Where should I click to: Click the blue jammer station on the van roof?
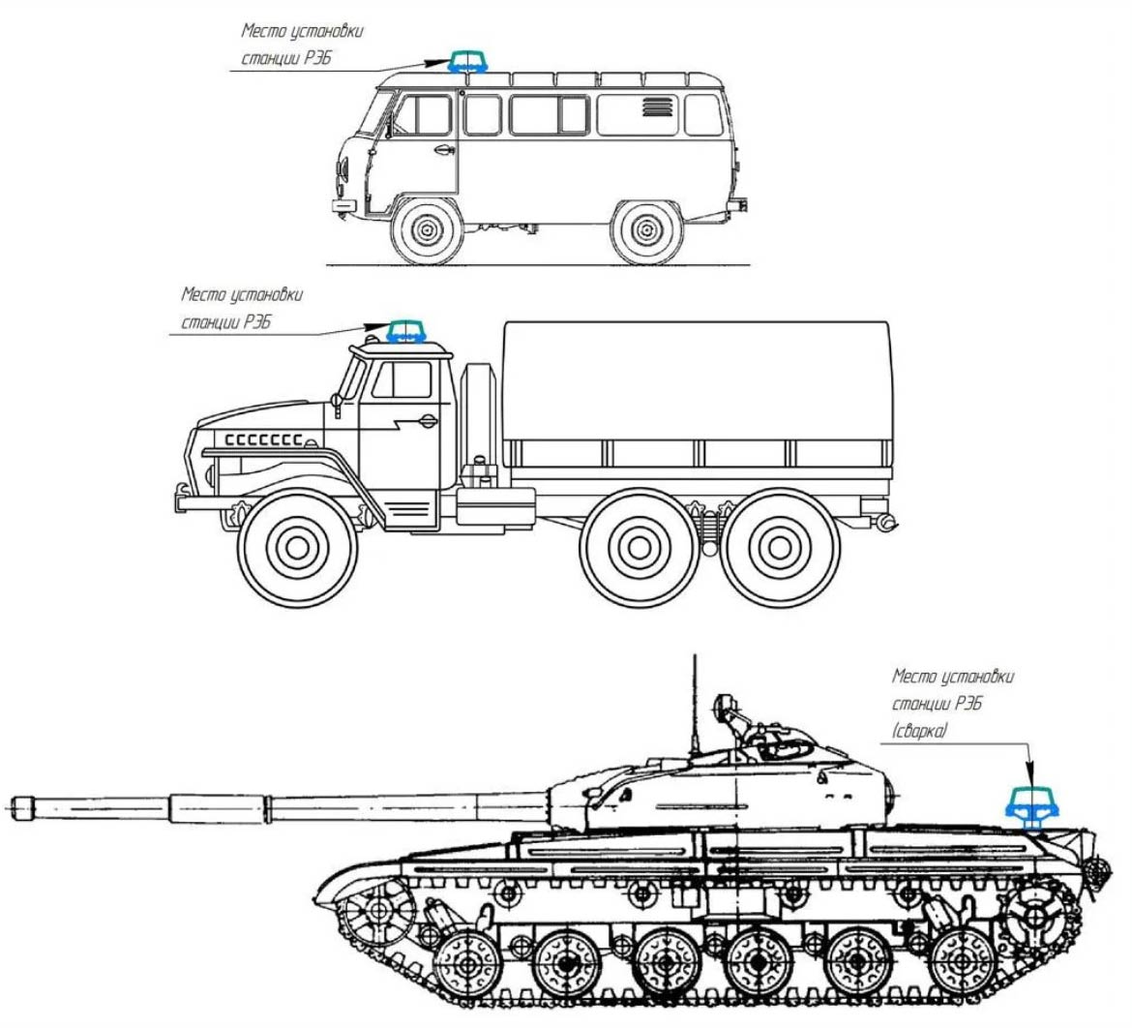pos(469,62)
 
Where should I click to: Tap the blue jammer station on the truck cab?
pos(405,332)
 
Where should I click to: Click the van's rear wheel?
pos(646,230)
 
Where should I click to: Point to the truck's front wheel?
pos(297,548)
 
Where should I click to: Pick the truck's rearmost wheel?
pos(780,548)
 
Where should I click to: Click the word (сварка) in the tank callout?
pos(919,731)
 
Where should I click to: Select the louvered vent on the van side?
pos(658,107)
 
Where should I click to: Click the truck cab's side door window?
pos(402,379)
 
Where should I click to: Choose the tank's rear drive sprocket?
pos(1037,916)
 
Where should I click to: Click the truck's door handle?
pos(428,420)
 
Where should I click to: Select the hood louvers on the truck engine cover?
pos(263,439)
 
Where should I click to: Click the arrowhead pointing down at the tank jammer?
pos(1030,772)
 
